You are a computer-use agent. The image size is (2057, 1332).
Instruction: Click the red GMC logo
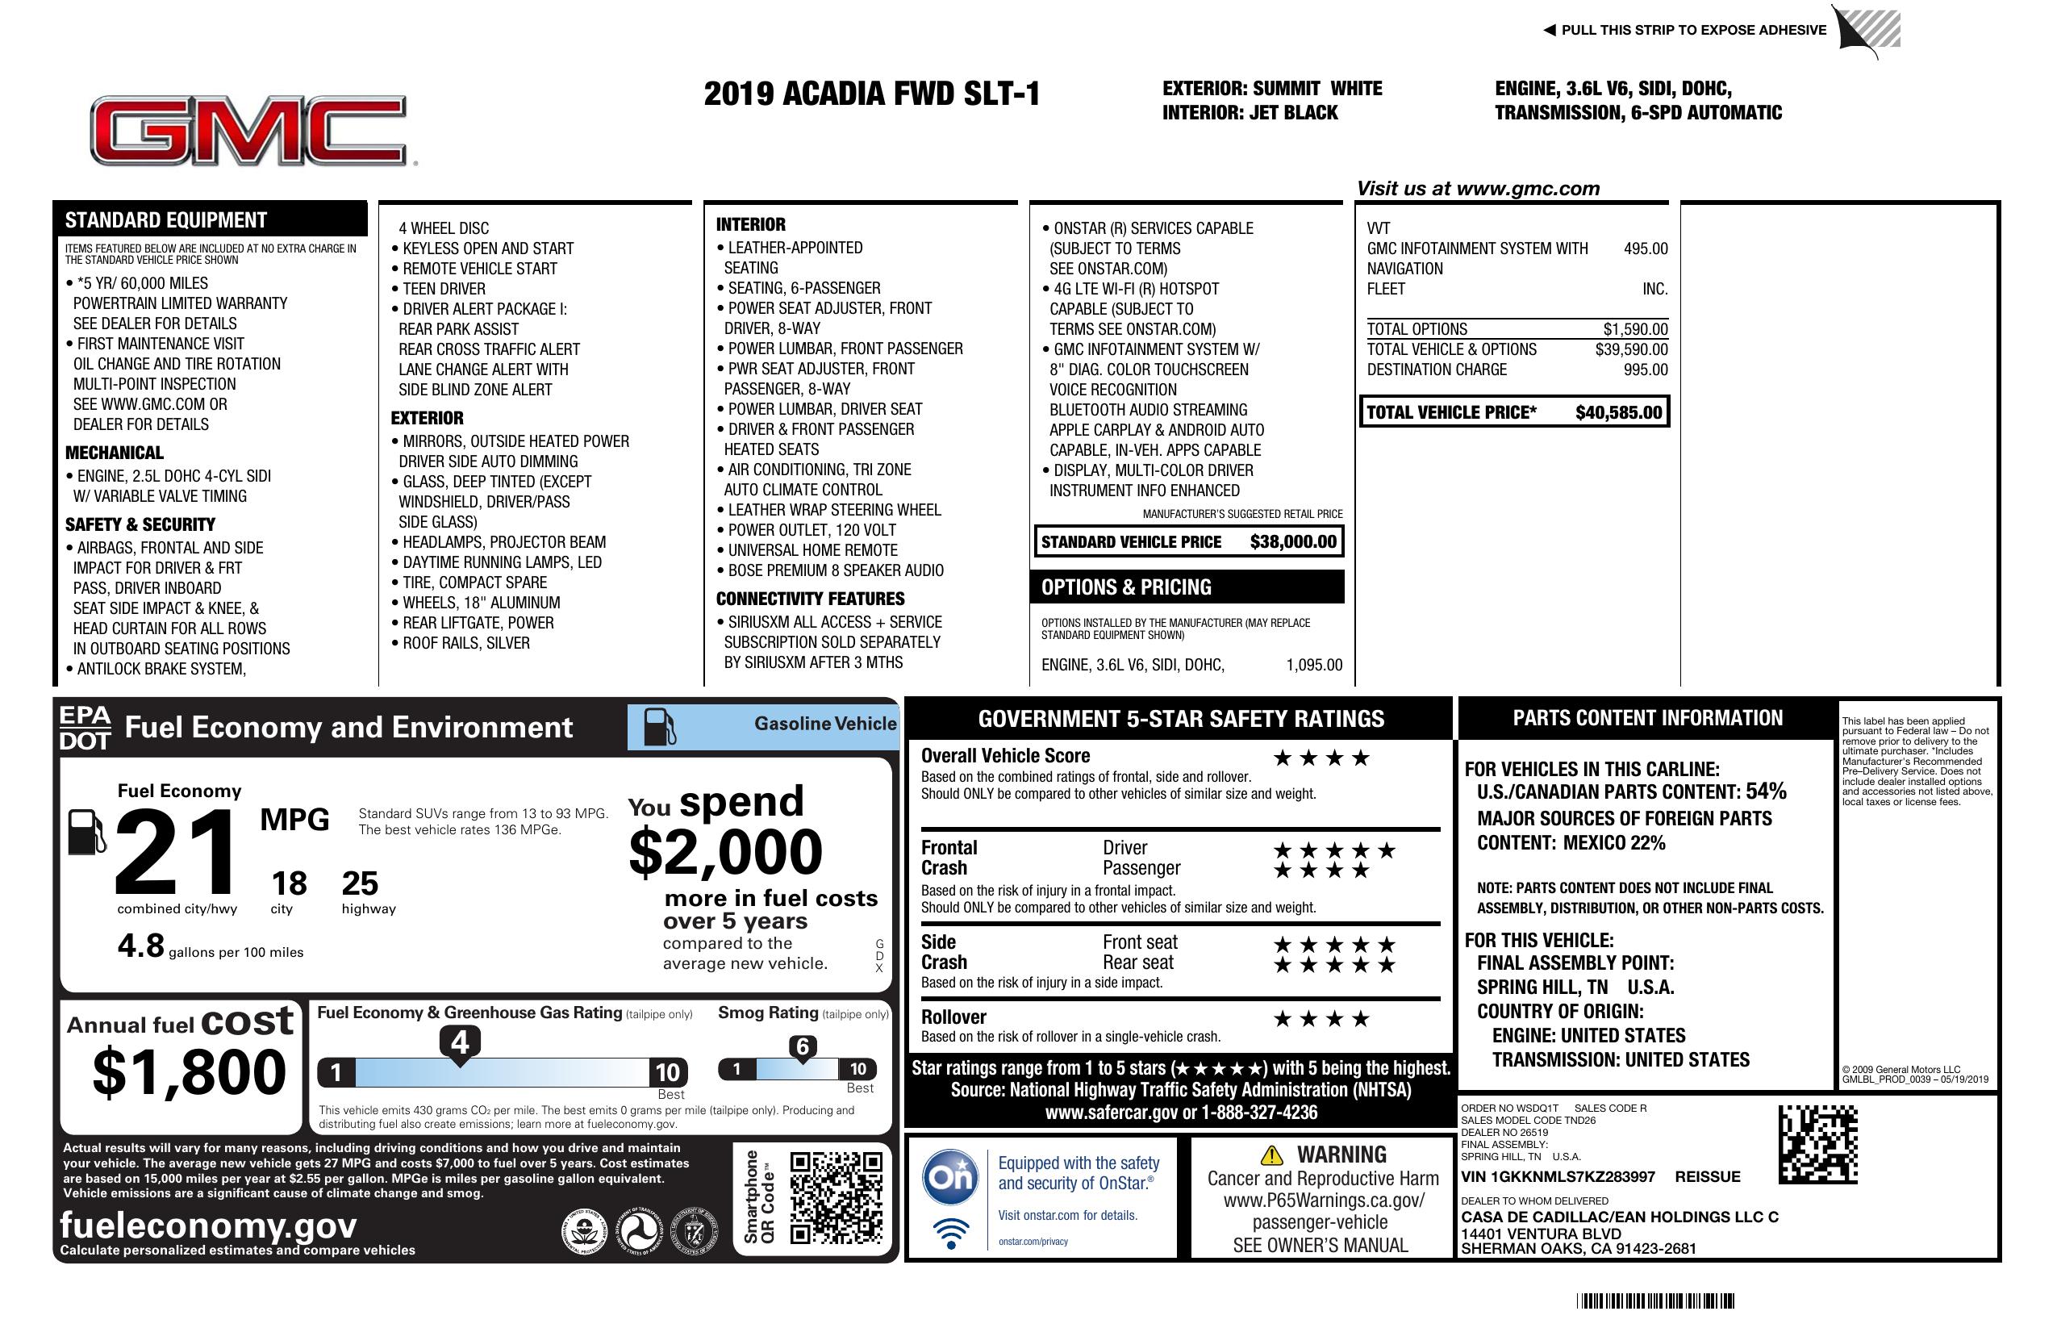249,131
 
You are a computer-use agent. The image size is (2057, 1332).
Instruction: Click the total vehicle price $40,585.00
1617,412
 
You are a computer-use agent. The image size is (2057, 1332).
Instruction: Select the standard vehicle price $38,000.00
1292,542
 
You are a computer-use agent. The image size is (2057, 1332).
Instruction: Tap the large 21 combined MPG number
176,852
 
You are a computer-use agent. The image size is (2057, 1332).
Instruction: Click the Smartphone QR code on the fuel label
836,1196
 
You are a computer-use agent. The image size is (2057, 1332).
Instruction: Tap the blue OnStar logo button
950,1176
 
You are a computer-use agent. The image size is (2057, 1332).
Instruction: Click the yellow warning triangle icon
1271,1155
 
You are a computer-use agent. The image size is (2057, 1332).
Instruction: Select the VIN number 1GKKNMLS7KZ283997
1558,1176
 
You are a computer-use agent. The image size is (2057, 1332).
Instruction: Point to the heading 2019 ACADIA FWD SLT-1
871,94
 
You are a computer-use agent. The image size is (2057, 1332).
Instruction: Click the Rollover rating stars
1321,1019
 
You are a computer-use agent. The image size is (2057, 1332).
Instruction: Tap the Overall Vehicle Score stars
1321,758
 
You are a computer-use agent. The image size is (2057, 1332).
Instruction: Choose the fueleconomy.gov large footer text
208,1225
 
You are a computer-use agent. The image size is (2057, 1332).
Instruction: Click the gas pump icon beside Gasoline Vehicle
660,726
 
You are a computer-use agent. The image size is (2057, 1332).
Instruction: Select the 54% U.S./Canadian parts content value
1765,791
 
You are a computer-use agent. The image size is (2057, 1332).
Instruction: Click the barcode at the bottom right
1654,1301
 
